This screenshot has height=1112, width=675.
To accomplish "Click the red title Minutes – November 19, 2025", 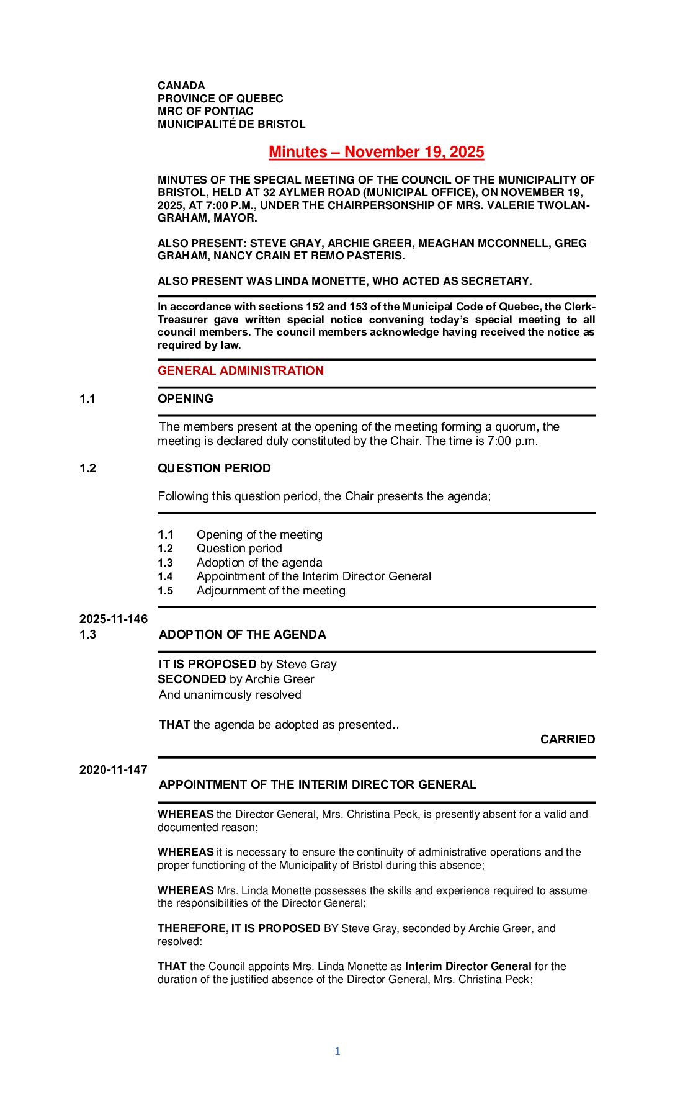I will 376,152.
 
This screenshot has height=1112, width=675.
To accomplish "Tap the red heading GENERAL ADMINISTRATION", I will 240,370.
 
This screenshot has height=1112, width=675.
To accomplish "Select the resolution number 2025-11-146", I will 114,619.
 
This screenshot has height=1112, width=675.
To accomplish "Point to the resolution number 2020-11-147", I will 114,769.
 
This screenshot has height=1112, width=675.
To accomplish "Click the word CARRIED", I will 567,739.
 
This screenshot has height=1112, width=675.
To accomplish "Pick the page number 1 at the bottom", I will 337,1051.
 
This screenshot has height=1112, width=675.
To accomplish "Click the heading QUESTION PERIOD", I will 214,468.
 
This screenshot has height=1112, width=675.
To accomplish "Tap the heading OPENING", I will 186,398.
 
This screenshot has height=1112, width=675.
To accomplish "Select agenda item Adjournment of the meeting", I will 270,590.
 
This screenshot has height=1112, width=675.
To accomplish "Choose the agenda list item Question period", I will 239,548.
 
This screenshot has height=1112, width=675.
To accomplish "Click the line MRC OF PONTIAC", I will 205,111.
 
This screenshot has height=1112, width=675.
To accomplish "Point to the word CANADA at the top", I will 181,86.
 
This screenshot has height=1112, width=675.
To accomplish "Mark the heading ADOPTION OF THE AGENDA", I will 242,634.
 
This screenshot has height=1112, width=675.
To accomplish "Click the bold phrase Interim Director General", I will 468,966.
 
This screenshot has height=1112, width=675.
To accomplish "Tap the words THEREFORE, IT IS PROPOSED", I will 239,928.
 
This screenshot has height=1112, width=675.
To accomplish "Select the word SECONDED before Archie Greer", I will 192,679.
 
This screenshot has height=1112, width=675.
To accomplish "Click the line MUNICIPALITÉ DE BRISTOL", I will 231,124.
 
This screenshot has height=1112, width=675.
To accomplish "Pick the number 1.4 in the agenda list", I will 165,576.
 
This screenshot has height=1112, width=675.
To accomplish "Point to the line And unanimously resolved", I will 230,694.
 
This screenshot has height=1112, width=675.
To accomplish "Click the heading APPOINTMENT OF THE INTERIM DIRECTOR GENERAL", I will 318,784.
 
